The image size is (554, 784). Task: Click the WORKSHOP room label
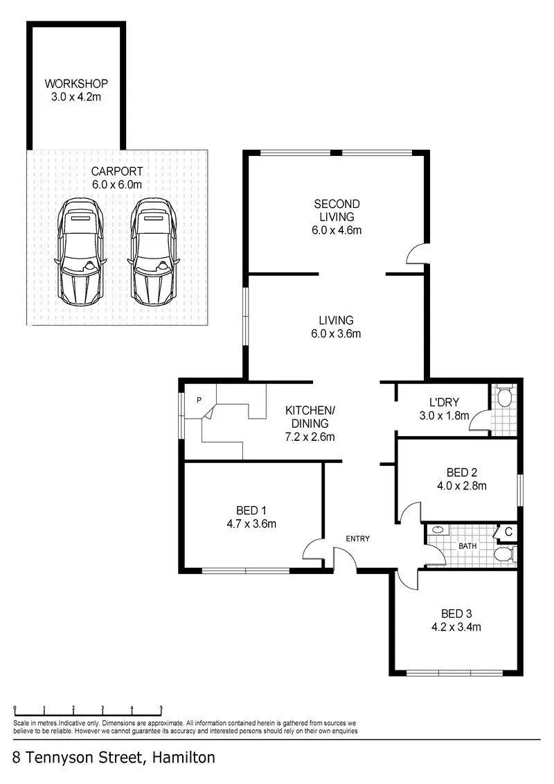click(76, 83)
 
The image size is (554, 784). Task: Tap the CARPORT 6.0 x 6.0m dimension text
click(117, 184)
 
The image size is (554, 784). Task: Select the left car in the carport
click(80, 252)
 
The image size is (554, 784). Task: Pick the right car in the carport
click(153, 252)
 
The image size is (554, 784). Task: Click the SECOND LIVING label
click(337, 211)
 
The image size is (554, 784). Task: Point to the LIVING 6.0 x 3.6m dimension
click(336, 333)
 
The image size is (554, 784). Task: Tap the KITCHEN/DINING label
click(310, 417)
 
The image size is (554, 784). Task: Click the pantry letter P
click(199, 400)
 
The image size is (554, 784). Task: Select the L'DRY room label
click(444, 402)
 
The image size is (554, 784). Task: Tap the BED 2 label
click(462, 473)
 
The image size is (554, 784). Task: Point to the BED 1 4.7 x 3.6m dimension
click(251, 524)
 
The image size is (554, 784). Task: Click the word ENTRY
click(358, 539)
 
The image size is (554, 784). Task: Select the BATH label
click(467, 546)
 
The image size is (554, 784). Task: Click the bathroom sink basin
click(438, 530)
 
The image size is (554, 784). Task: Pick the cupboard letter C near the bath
click(508, 532)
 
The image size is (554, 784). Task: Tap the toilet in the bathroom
click(505, 554)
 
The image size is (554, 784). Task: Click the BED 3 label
click(456, 613)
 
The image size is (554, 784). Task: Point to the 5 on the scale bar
click(161, 708)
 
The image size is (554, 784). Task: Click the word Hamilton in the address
click(184, 758)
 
